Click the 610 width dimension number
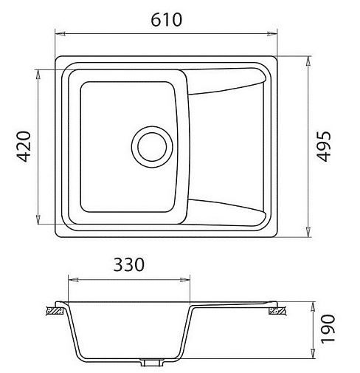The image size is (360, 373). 166,20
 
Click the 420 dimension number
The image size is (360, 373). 24,146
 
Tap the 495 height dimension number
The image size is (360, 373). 323,146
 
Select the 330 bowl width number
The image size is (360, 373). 128,264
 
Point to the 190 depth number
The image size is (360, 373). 328,329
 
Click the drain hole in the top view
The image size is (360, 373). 152,147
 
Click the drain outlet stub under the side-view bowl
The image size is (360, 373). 152,363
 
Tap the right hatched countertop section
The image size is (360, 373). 277,311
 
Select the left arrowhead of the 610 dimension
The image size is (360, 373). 60,34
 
